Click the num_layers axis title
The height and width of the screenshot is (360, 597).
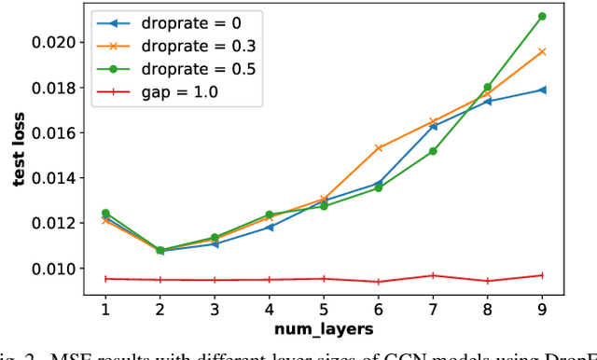click(324, 329)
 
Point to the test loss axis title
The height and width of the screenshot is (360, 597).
click(19, 155)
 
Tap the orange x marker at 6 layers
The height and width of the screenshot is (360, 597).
click(378, 147)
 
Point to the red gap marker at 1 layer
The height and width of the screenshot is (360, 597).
click(105, 278)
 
